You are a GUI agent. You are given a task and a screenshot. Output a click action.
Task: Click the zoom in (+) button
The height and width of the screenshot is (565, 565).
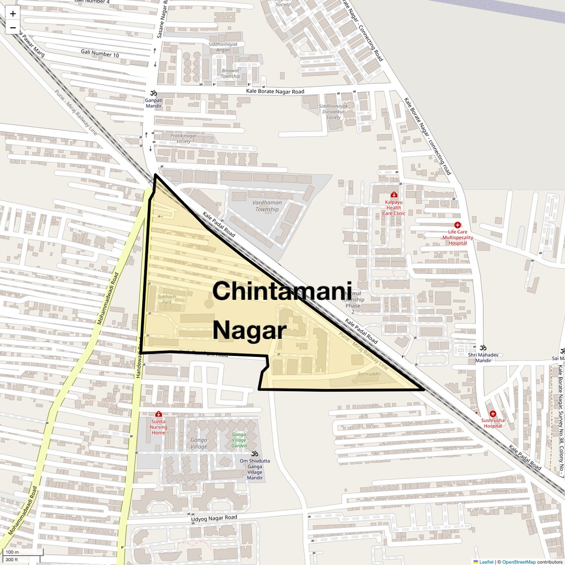click(x=13, y=14)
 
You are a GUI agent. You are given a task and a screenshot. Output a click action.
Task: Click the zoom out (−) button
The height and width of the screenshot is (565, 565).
click(x=13, y=28)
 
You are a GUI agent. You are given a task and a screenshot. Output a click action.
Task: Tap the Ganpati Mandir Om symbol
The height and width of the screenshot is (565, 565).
click(x=153, y=93)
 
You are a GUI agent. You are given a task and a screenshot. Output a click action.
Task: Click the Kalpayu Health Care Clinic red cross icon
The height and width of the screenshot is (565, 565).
click(x=394, y=195)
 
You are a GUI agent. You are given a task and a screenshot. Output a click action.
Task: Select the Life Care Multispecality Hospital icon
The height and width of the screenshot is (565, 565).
click(x=457, y=225)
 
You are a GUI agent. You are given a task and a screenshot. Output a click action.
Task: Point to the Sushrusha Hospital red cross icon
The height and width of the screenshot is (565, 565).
click(x=493, y=414)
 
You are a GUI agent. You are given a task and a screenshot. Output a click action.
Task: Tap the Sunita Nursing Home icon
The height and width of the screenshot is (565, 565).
click(x=158, y=414)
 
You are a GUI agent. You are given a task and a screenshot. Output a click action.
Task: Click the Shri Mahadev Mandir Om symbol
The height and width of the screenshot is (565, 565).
click(x=483, y=347)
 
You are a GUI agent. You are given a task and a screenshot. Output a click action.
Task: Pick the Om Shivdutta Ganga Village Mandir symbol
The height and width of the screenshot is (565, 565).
click(x=255, y=454)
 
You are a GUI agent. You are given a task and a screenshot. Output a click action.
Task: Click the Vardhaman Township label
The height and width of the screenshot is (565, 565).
click(x=267, y=206)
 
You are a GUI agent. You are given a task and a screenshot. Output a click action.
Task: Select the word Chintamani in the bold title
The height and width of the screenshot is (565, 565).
click(x=282, y=291)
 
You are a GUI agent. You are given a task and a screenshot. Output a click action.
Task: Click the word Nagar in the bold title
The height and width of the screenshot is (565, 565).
click(x=249, y=330)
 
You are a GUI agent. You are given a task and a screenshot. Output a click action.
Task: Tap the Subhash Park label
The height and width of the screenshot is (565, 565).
click(x=167, y=299)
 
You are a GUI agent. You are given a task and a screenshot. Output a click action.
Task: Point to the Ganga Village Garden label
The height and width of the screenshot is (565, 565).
click(x=239, y=440)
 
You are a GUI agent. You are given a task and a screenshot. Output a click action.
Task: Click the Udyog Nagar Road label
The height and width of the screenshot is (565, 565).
click(x=215, y=518)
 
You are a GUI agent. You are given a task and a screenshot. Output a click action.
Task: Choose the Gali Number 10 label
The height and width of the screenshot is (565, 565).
click(x=100, y=53)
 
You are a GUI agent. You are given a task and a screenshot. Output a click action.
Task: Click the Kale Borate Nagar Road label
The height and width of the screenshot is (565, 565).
click(x=275, y=92)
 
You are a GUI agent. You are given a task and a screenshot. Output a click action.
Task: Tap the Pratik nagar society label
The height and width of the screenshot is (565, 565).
click(x=183, y=138)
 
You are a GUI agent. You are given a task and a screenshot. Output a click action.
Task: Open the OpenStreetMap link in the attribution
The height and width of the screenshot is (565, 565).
click(x=518, y=562)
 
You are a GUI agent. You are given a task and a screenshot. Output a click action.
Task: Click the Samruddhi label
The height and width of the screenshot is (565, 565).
click(x=369, y=374)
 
